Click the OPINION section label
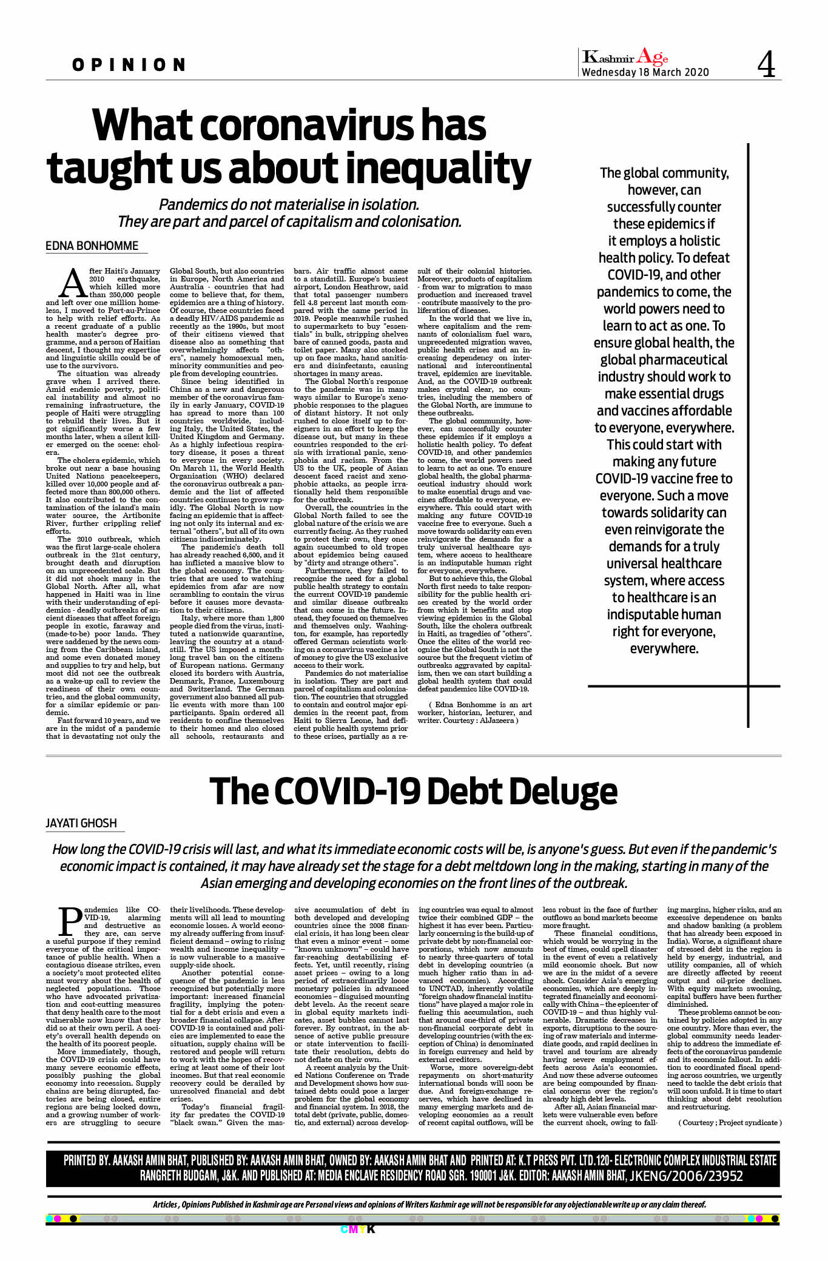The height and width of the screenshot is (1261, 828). [129, 65]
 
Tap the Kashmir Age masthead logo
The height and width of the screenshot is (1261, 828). [625, 58]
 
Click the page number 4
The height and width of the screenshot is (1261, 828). [766, 65]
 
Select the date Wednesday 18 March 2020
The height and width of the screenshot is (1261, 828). [645, 73]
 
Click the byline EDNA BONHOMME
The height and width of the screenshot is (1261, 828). [92, 246]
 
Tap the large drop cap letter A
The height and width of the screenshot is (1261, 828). [73, 283]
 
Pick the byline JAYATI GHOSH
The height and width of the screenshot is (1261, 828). [81, 823]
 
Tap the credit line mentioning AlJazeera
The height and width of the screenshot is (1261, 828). [474, 716]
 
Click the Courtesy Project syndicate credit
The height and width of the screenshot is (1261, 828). [730, 1122]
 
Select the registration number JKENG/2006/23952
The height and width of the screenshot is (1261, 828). [686, 1176]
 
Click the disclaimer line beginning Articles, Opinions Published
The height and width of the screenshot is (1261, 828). [429, 1204]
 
